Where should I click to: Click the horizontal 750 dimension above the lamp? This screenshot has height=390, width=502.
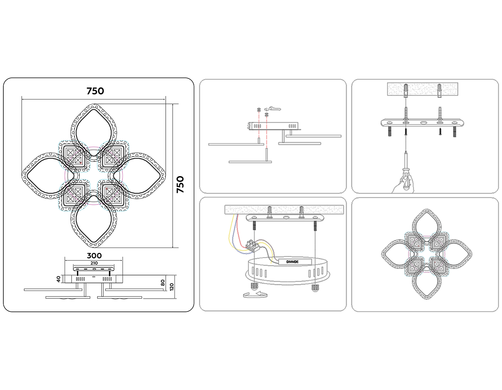point(95,91)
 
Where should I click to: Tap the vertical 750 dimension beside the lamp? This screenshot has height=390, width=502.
point(180,184)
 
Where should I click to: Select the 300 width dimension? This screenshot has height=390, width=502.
point(94,256)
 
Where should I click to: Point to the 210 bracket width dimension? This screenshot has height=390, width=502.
point(94,263)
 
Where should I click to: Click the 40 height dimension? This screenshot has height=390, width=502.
point(59,279)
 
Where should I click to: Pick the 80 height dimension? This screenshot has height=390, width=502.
point(163,283)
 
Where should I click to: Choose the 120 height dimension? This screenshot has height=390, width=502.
point(171,287)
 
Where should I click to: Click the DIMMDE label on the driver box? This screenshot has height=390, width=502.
point(292,262)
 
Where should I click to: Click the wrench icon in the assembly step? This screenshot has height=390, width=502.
point(275,108)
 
